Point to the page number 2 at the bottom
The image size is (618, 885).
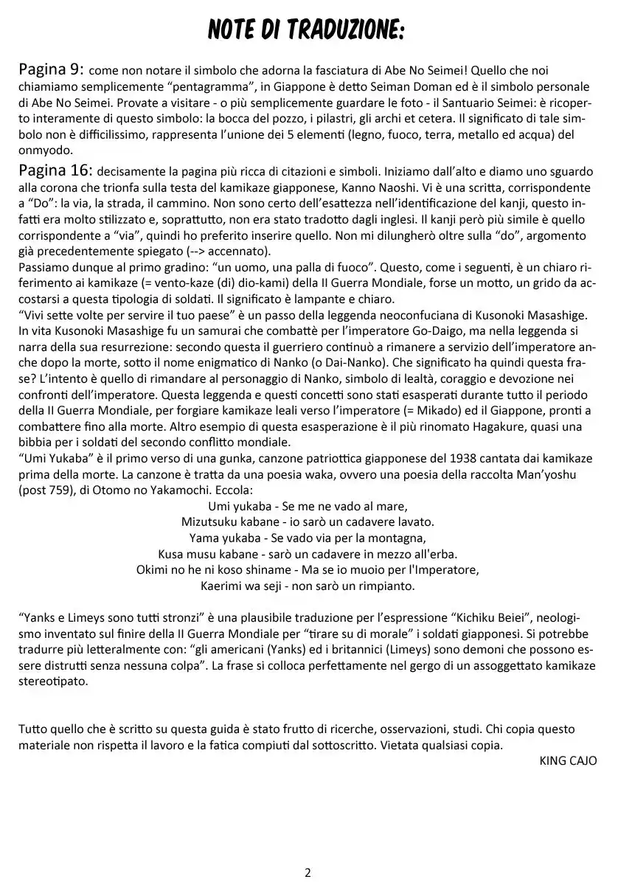(308, 872)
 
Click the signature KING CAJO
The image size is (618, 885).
(568, 760)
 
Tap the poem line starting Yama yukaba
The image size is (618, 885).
(308, 537)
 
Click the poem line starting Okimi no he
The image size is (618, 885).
(308, 569)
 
